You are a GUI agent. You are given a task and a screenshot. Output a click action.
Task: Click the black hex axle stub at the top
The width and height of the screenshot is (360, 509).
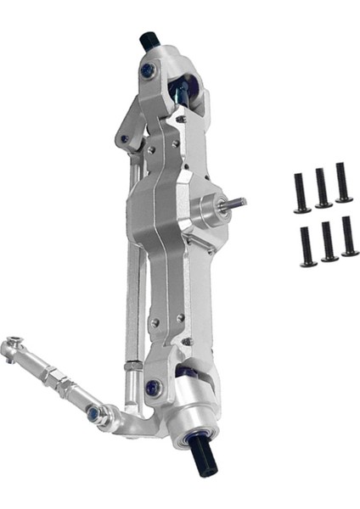click(x=150, y=39)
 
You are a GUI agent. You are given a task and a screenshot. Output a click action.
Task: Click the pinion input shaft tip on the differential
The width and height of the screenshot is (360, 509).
click(x=237, y=203)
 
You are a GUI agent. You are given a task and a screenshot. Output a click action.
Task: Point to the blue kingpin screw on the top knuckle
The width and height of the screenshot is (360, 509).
click(x=149, y=71)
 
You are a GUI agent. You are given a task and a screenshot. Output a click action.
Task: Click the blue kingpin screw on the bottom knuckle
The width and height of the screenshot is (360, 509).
click(x=153, y=388)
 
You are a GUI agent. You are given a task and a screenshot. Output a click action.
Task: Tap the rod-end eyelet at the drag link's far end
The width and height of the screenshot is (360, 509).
click(x=12, y=346)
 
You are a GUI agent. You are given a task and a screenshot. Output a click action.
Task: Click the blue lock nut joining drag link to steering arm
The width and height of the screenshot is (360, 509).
click(x=96, y=413)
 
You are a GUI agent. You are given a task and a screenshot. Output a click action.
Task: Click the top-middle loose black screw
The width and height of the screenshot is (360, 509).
click(x=323, y=187)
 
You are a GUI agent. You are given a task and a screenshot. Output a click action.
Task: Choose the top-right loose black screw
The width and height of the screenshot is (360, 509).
click(x=343, y=182)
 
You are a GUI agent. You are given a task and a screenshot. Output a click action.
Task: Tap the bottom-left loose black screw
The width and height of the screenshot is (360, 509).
click(x=307, y=246)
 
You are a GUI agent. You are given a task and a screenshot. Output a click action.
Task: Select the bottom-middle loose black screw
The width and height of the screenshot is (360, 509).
click(x=328, y=241)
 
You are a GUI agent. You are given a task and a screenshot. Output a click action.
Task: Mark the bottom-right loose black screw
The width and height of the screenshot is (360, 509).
click(x=349, y=236)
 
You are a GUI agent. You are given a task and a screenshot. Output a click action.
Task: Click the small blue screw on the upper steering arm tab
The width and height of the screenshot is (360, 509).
click(x=125, y=138)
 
